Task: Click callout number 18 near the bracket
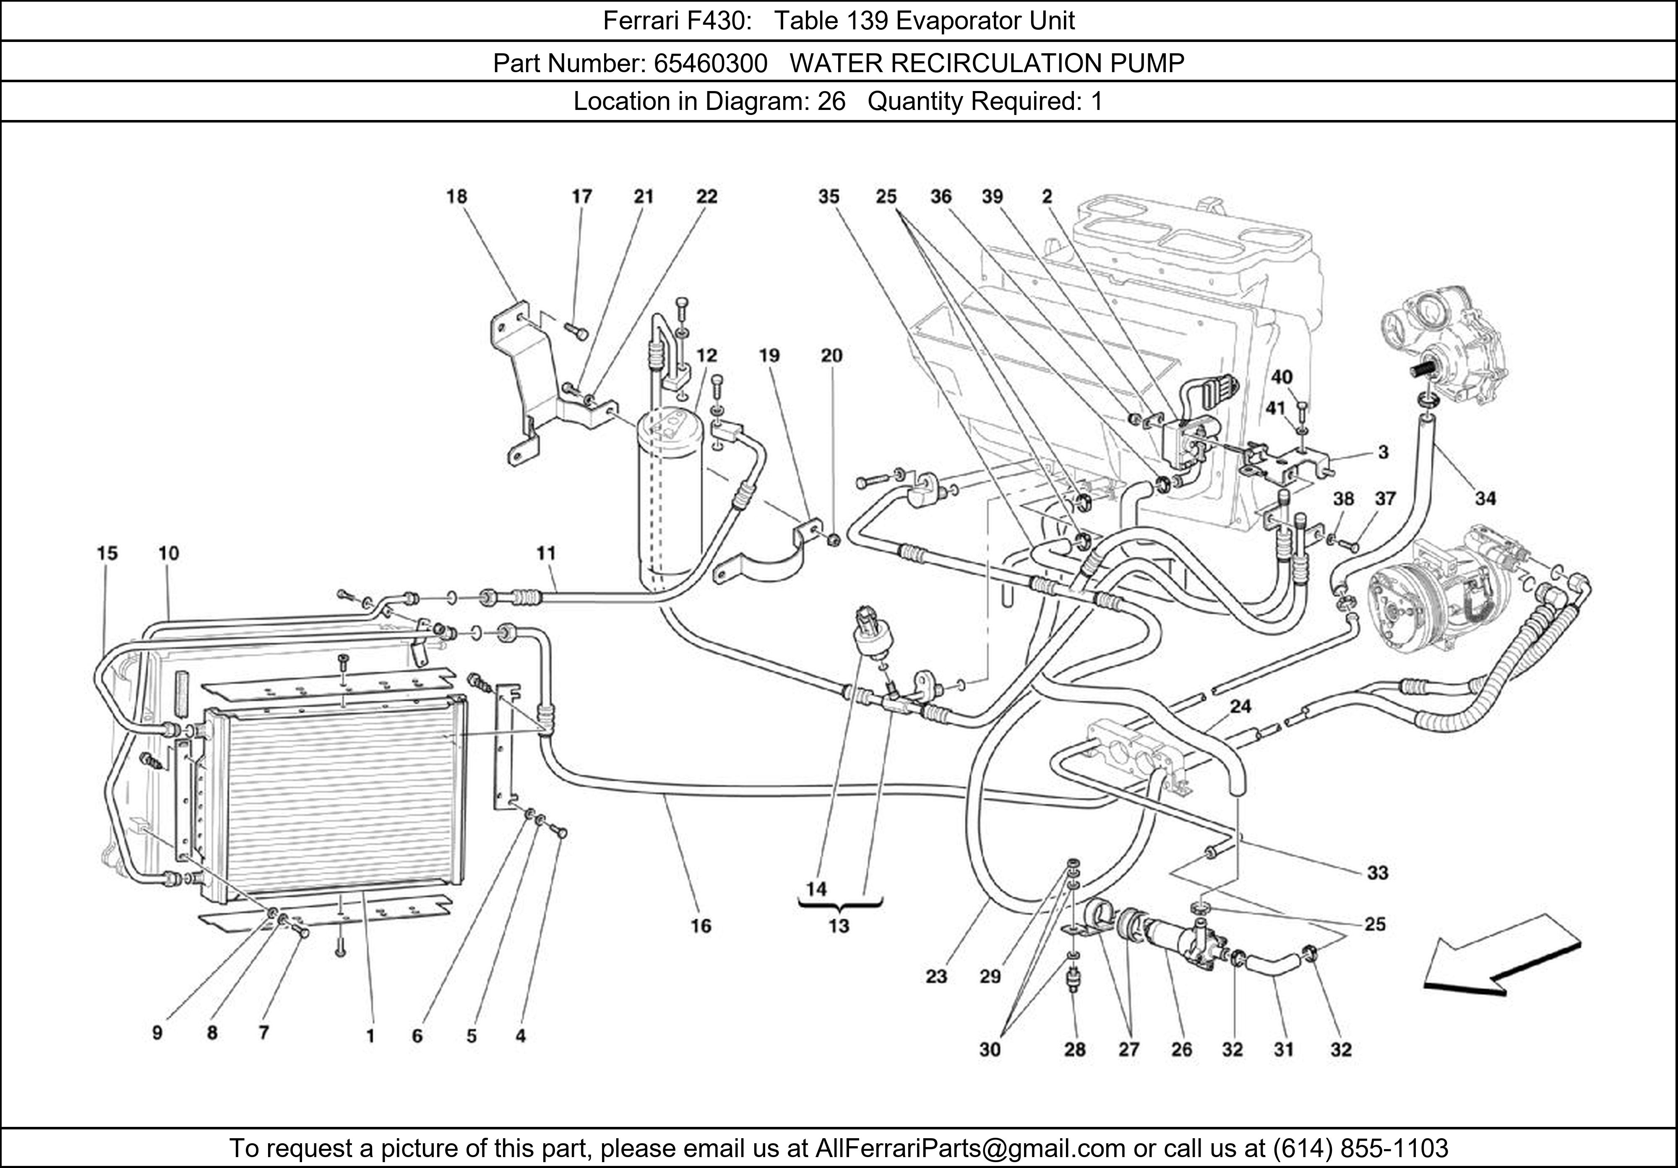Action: pos(457,197)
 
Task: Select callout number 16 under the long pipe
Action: pos(700,926)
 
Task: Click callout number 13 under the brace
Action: pos(838,926)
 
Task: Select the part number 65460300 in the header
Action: pos(710,64)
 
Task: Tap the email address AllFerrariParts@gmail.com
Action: pos(970,1148)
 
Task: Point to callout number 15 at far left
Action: pos(107,553)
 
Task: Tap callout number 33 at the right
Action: pos(1377,873)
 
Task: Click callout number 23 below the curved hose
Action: pos(936,977)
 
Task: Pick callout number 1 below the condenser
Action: pos(370,1036)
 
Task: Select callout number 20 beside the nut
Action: pos(832,356)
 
